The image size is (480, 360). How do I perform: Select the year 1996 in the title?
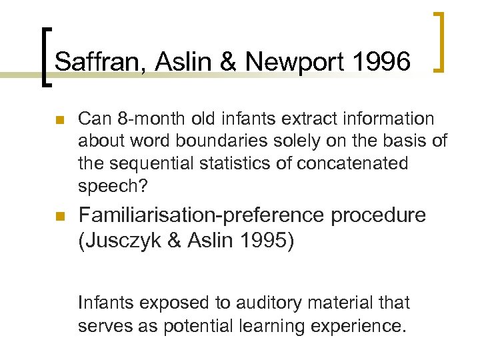point(383,62)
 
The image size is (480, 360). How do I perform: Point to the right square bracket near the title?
point(439,41)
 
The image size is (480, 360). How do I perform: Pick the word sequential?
point(146,163)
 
